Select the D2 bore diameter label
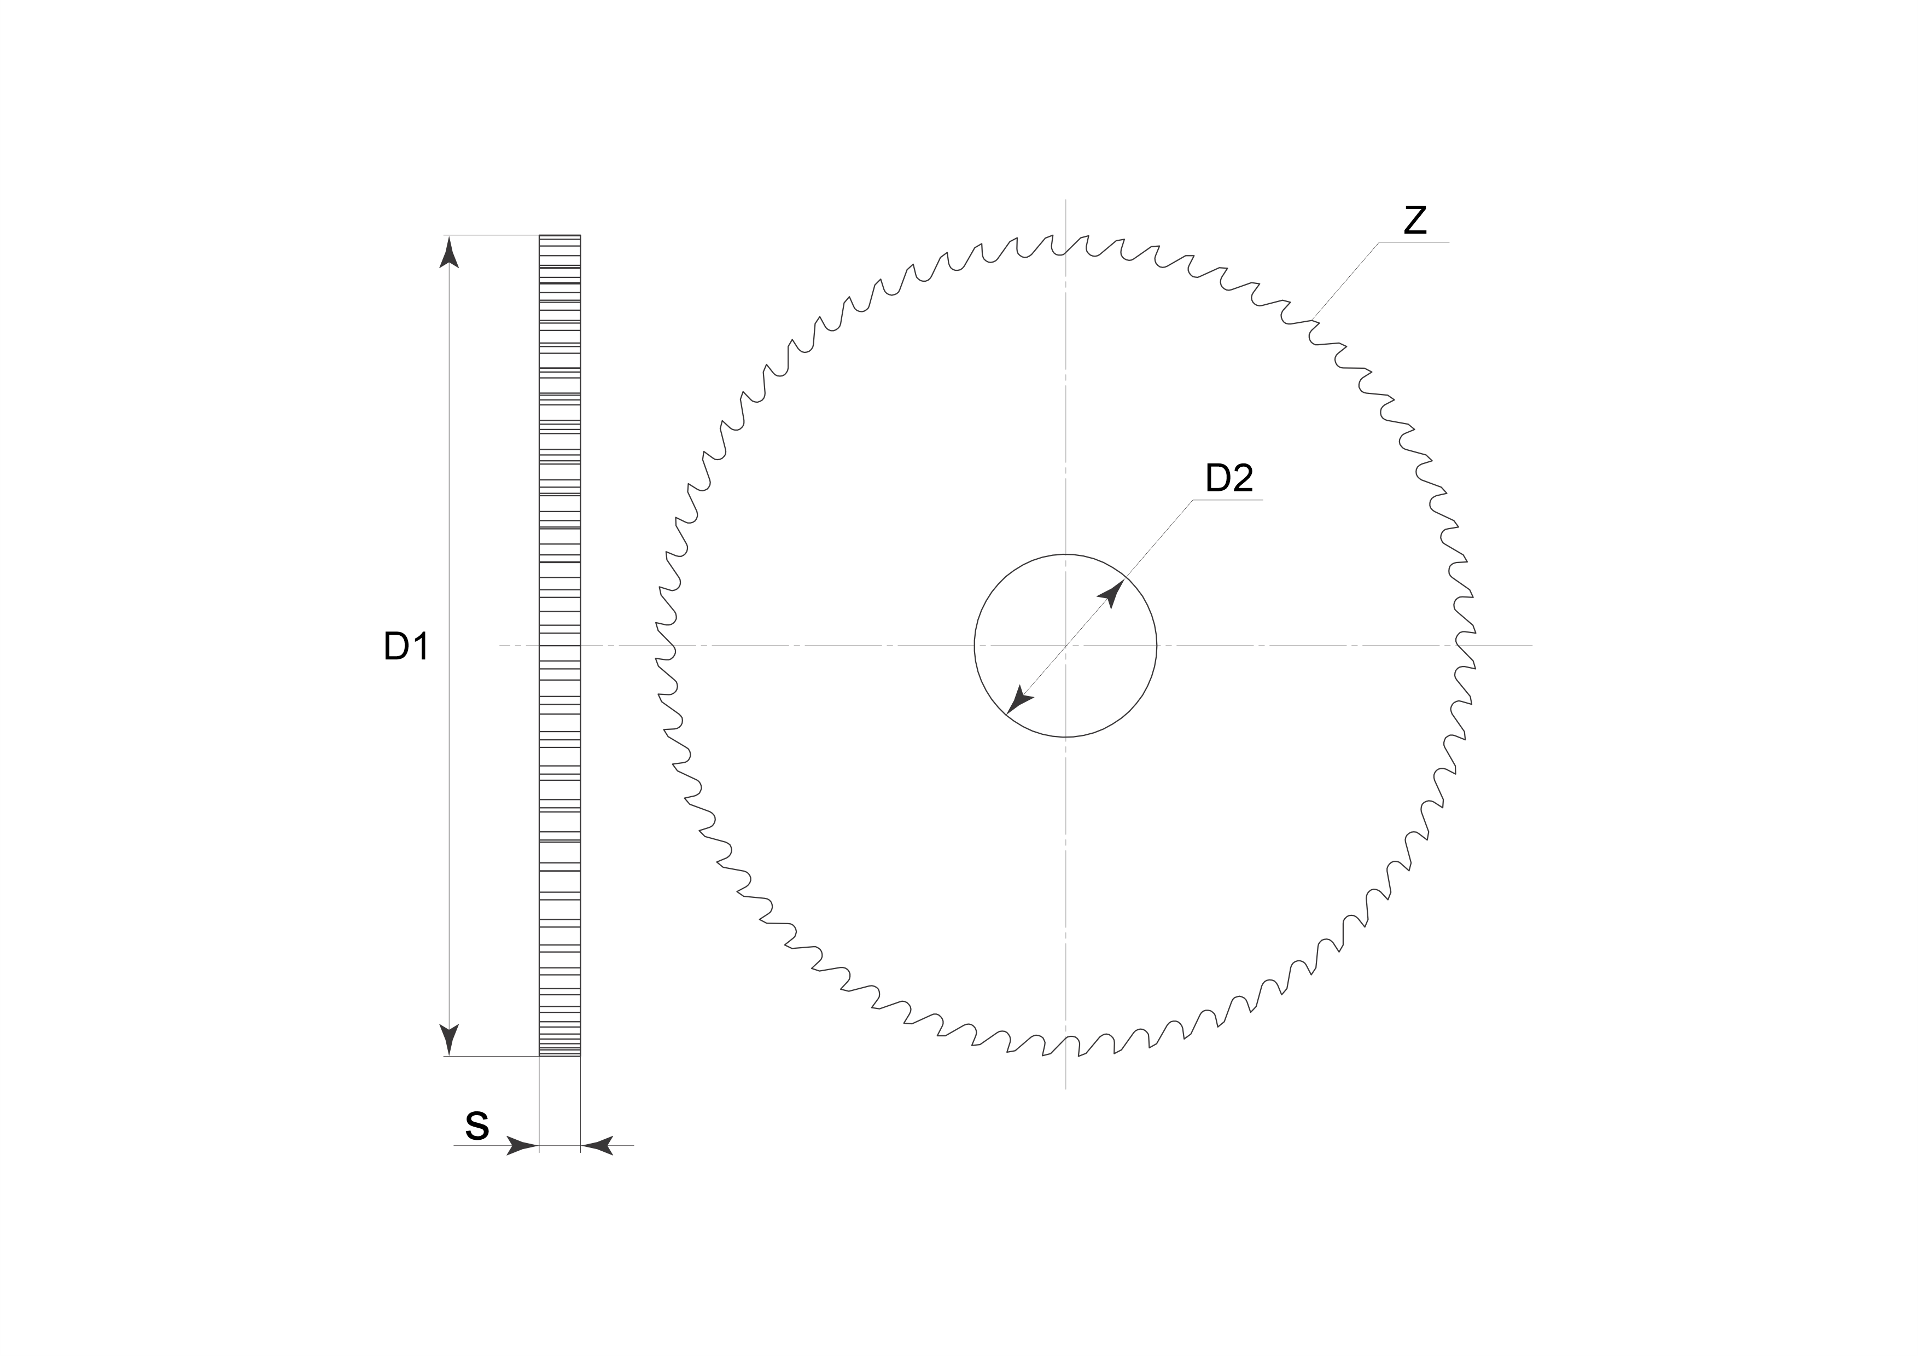pos(1229,478)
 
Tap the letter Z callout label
pos(1414,221)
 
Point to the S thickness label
pos(477,1127)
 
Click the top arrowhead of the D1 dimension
pos(450,252)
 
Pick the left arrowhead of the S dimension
pos(523,1146)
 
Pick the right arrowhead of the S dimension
pos(597,1146)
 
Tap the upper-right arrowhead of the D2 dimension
pos(1112,594)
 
